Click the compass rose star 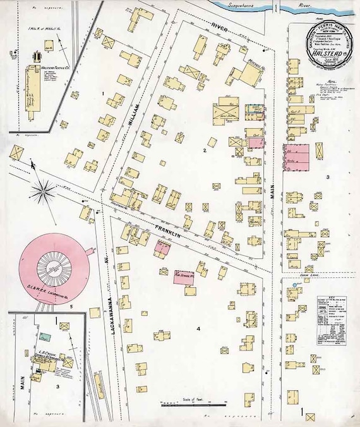tap(44, 192)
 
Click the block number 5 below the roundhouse tap(71, 308)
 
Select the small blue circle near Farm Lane tap(295, 287)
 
